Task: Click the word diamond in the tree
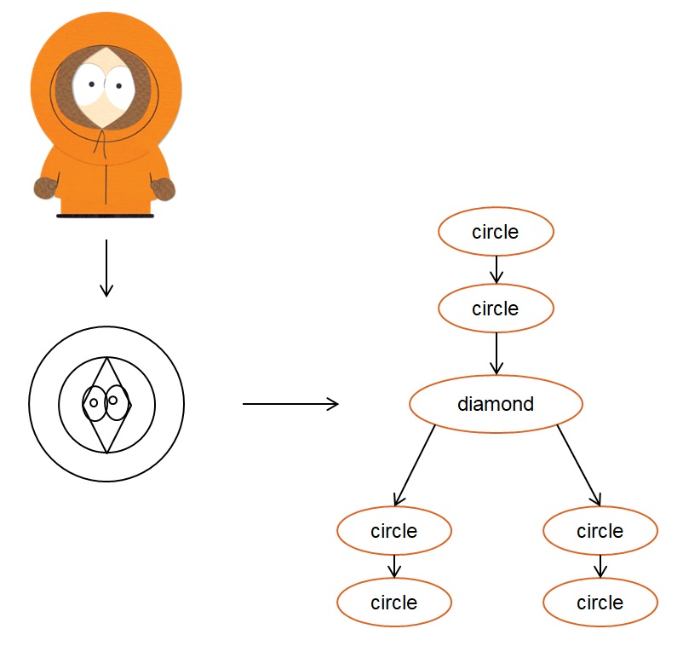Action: (x=496, y=404)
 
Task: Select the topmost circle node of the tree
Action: (x=496, y=232)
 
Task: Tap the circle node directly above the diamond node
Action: (x=496, y=309)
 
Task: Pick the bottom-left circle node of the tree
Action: (x=394, y=603)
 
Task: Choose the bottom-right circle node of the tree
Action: (x=600, y=603)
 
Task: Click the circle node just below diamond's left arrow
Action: (x=394, y=530)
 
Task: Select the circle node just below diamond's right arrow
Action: (x=600, y=530)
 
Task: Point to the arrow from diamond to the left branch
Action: (x=414, y=465)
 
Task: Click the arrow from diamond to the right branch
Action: (x=579, y=465)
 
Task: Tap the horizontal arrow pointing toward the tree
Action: (x=290, y=404)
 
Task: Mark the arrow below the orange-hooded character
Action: (x=106, y=268)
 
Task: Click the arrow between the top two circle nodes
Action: (x=496, y=270)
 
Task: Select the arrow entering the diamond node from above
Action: (x=496, y=354)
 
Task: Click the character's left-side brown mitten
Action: (x=45, y=188)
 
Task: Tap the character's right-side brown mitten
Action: (x=164, y=188)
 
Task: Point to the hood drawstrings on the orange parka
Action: (x=101, y=143)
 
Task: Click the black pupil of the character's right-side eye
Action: (x=118, y=86)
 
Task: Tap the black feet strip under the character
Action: (x=105, y=216)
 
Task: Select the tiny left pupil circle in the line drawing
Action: (x=94, y=402)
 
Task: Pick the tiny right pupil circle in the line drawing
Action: (x=112, y=400)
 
